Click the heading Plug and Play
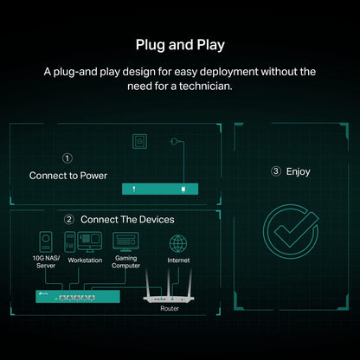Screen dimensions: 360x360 pos(180,45)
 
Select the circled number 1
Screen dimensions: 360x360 pos(67,158)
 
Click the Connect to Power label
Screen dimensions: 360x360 pos(68,176)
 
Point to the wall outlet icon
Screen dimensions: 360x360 pos(139,141)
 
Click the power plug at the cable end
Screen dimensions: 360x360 pos(174,141)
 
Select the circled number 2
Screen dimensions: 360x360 pos(69,220)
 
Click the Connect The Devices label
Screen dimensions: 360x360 pos(127,220)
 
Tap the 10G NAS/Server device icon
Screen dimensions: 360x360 pos(46,241)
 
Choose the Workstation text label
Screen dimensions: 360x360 pos(85,260)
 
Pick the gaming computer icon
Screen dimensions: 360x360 pos(125,241)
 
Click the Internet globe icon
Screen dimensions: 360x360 pos(178,243)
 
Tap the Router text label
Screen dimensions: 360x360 pos(170,308)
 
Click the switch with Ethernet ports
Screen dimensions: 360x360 pos(78,297)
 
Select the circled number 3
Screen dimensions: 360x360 pos(276,171)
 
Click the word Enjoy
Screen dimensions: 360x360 pos(298,171)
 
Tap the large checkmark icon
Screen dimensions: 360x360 pos(291,231)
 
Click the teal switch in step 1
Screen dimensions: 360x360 pos(160,189)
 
